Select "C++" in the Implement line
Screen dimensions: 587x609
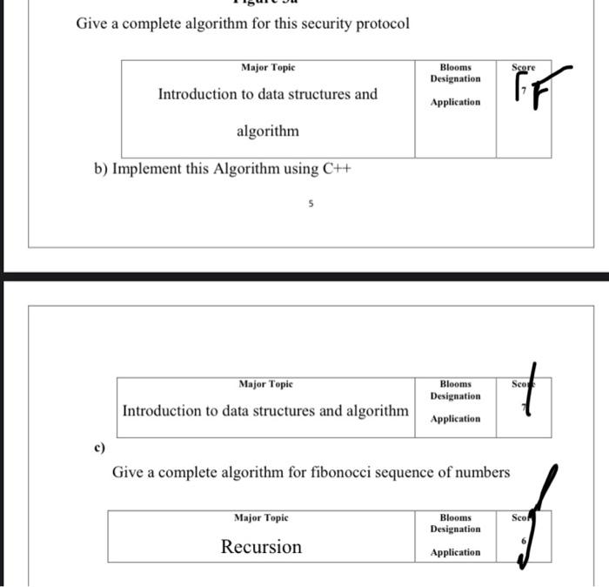coord(336,169)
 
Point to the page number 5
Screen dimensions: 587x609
coord(311,204)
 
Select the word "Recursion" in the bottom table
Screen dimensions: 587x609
coord(261,547)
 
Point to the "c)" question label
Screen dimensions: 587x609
coord(99,448)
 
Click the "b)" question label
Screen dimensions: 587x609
coord(101,169)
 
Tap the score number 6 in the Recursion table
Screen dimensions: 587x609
coord(523,542)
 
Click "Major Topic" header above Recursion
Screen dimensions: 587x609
coord(261,518)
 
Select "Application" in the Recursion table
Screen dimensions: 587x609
coord(455,553)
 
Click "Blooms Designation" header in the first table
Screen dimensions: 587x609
coord(455,73)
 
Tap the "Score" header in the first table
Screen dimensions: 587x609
coord(524,67)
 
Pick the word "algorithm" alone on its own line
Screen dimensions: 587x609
coord(268,132)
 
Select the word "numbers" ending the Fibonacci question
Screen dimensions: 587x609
coord(483,472)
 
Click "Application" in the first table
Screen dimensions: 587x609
coord(455,103)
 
